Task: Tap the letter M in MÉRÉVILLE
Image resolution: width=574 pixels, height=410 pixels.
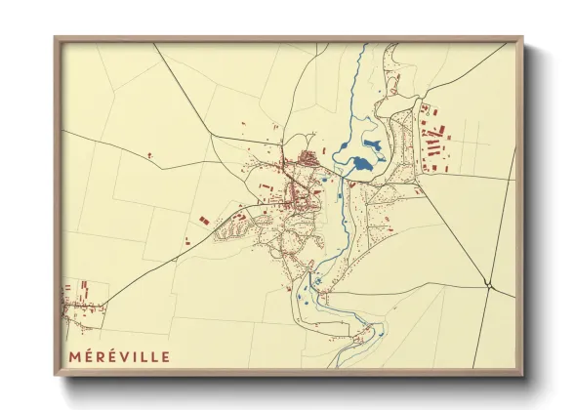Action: (74, 356)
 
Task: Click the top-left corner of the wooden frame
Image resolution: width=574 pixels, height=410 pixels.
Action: (56, 39)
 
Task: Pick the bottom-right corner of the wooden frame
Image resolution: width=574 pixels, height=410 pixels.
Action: (521, 374)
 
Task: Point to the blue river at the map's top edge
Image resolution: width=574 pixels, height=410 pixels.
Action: (362, 49)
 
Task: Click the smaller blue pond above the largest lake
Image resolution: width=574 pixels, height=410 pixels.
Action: (372, 145)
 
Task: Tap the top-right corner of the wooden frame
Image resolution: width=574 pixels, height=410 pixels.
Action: (521, 39)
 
